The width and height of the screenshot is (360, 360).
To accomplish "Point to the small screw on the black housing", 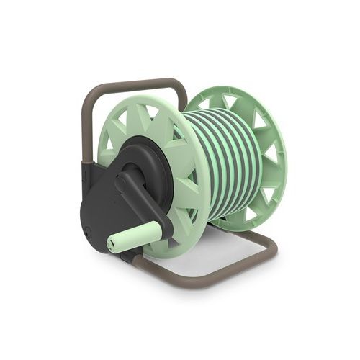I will [x=87, y=231].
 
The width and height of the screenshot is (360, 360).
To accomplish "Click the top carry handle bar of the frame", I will [x=137, y=85].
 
